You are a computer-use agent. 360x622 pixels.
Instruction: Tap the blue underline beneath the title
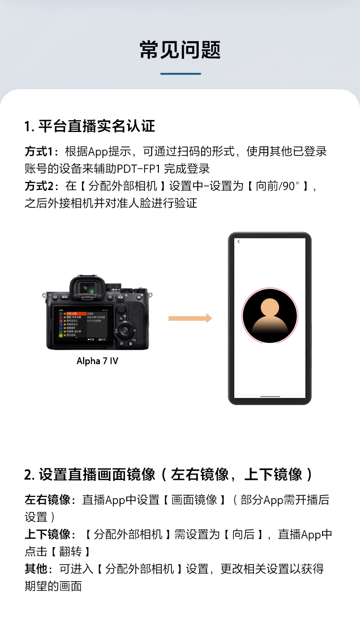coord(180,74)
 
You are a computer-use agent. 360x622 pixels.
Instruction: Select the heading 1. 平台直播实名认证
coord(90,126)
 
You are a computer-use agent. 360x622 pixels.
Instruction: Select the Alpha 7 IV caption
coord(97,361)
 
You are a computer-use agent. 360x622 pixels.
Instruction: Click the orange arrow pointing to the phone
coord(190,318)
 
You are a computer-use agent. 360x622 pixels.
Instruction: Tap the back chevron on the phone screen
coord(239,242)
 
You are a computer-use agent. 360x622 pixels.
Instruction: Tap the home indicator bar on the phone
coord(269,397)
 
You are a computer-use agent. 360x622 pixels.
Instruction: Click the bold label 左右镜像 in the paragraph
coord(48,500)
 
